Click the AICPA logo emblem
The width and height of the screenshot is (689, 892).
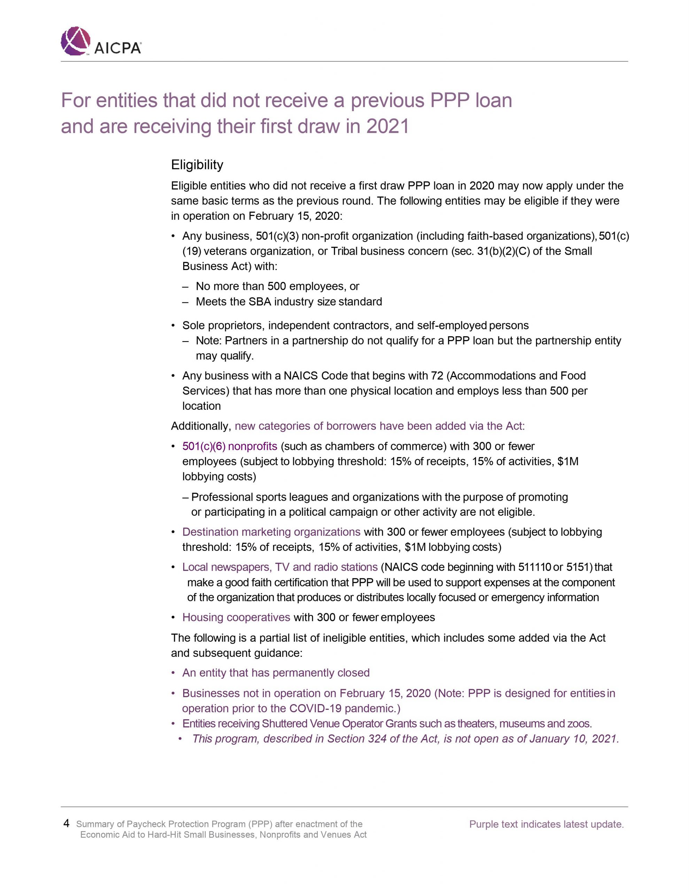76,41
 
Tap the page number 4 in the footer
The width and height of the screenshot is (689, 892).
66,823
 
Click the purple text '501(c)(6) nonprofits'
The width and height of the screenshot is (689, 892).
230,446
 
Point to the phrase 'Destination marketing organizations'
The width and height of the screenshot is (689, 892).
271,532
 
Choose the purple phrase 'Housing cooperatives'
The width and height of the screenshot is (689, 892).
236,617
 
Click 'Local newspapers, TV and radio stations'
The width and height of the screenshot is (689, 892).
280,567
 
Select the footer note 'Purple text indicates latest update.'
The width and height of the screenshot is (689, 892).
546,824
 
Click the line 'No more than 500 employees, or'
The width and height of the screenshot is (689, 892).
277,286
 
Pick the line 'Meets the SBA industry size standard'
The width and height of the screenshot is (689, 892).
289,301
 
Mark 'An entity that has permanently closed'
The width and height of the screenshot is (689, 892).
276,673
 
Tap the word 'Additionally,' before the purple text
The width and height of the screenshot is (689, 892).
201,426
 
